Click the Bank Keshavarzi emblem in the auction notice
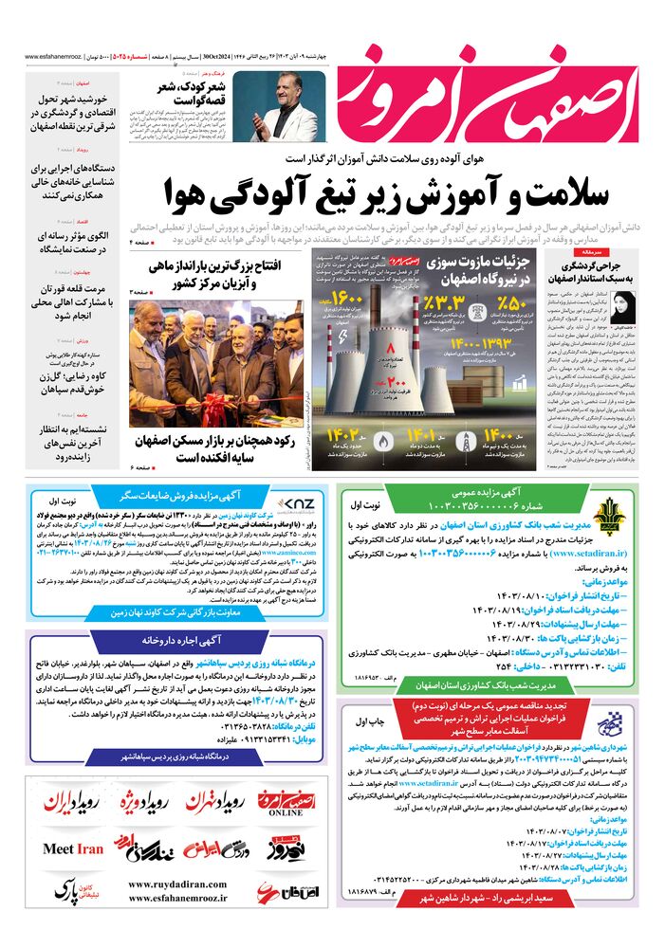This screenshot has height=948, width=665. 621,512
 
